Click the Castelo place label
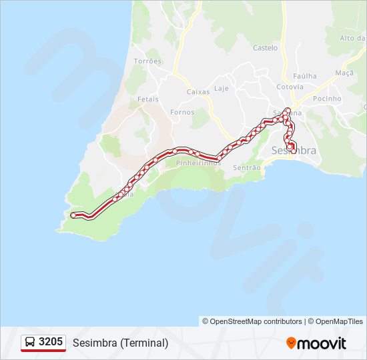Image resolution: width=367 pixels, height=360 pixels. (265, 47)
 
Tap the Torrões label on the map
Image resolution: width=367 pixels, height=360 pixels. (147, 61)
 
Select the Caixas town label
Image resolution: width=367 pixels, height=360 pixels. (198, 91)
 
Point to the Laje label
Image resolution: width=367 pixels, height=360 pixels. (221, 89)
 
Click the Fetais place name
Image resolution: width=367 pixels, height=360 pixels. (147, 99)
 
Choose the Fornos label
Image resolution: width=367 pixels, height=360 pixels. (182, 112)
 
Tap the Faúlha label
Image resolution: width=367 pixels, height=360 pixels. (305, 76)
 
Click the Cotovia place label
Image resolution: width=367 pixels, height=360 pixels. (290, 87)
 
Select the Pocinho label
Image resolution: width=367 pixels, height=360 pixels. (327, 99)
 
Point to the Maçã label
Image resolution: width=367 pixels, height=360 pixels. (344, 72)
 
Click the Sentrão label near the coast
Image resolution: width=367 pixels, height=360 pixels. (247, 168)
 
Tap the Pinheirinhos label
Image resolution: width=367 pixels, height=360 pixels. (198, 163)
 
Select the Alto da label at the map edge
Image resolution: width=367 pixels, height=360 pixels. (352, 38)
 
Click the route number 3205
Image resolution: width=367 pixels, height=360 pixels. (51, 342)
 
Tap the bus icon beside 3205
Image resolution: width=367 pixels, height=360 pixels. (30, 343)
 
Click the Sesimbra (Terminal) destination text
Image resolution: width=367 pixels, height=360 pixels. (120, 343)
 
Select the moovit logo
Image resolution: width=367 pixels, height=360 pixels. (316, 343)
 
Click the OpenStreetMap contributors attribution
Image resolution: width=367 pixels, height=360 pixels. (252, 321)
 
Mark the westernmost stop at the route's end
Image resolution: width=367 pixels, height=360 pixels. (73, 215)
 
